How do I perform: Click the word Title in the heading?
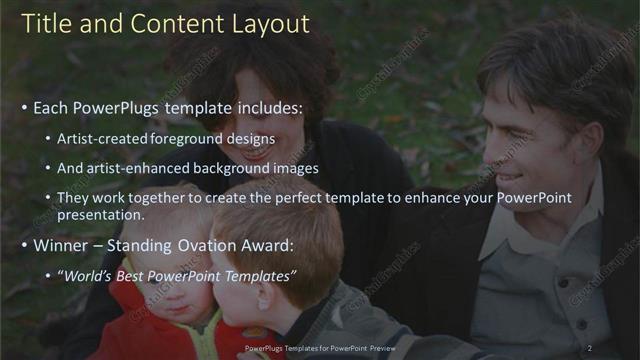pos(47,24)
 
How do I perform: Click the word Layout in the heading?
pos(270,24)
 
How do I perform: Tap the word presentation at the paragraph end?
pos(100,214)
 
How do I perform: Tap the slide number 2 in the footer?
pos(589,348)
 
